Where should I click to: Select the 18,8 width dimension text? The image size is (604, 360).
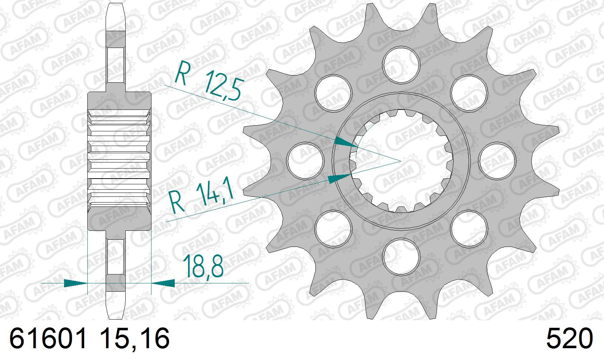coord(203,267)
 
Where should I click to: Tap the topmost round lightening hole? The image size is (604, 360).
coord(401,65)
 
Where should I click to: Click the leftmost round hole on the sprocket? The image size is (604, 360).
coord(305,161)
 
